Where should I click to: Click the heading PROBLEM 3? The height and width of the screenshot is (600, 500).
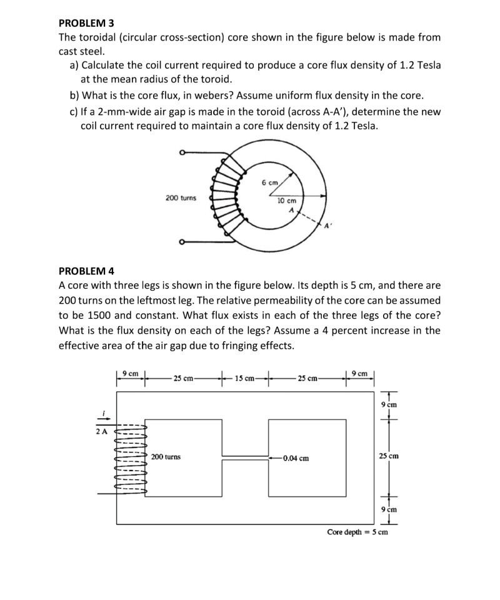click(86, 23)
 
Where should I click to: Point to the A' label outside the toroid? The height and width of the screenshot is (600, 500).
click(326, 225)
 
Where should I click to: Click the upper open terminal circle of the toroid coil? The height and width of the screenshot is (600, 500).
click(181, 152)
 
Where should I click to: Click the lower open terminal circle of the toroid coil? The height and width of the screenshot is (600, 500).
click(181, 243)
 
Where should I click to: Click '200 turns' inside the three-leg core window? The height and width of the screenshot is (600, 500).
click(166, 457)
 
